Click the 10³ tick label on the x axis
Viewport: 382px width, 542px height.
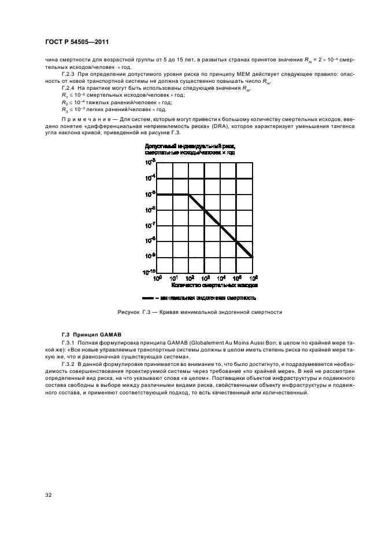click(x=205, y=279)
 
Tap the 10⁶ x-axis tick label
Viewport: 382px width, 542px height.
click(x=252, y=279)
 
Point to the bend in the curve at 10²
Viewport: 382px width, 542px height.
click(x=189, y=195)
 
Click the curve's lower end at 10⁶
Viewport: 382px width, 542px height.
click(x=253, y=257)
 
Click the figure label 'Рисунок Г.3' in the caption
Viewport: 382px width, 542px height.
click(x=133, y=312)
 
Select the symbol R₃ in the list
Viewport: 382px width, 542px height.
click(x=64, y=109)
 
